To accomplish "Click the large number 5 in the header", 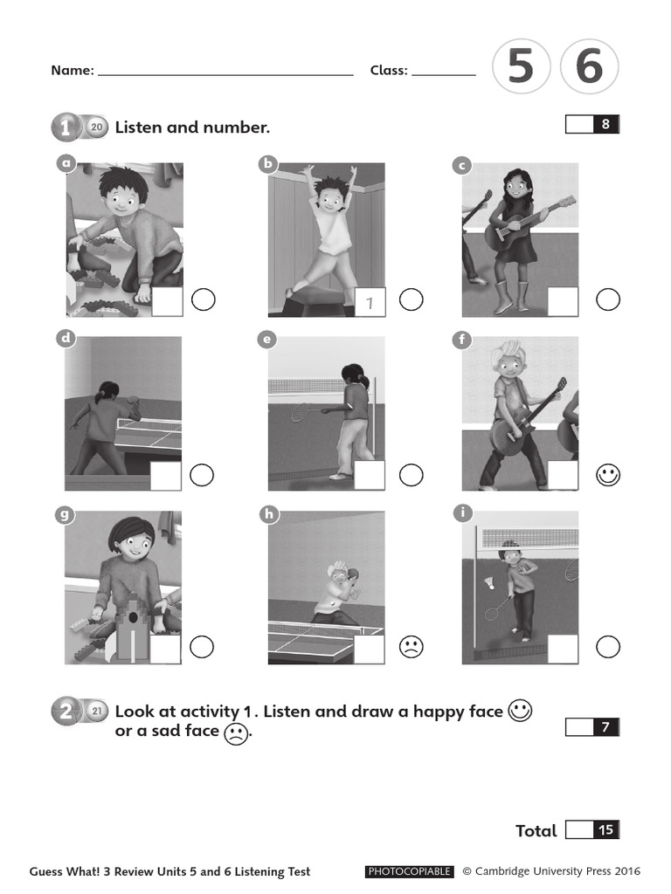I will tap(521, 67).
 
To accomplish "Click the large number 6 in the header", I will tap(589, 67).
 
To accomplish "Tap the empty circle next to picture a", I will tap(203, 300).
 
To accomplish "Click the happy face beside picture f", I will tap(608, 475).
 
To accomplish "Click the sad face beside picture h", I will tap(411, 647).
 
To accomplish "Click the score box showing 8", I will tap(593, 125).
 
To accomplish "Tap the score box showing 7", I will tap(593, 726).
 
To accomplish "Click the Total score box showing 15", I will tap(593, 830).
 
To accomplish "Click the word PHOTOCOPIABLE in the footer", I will tap(409, 871).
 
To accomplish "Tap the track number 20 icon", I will tap(96, 127).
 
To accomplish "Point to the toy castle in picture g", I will tap(128, 626).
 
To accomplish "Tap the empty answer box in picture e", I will tap(369, 475).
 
